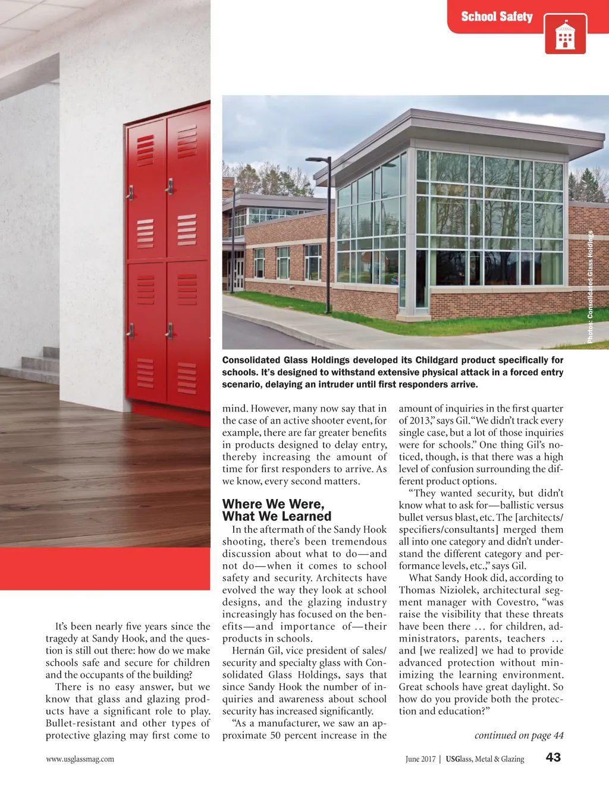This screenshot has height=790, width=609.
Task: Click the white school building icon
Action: (x=565, y=36)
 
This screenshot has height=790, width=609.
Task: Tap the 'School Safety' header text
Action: (x=497, y=17)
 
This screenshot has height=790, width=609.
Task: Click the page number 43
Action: (x=553, y=757)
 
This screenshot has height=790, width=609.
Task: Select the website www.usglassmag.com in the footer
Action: (x=80, y=759)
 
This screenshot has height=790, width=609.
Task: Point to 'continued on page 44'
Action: (x=519, y=735)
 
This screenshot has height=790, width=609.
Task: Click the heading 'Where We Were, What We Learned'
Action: (x=277, y=510)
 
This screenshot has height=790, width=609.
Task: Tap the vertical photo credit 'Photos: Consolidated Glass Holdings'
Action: (x=590, y=286)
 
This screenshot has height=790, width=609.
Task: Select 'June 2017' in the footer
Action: (x=420, y=759)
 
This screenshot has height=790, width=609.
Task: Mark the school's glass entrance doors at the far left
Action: (x=238, y=273)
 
